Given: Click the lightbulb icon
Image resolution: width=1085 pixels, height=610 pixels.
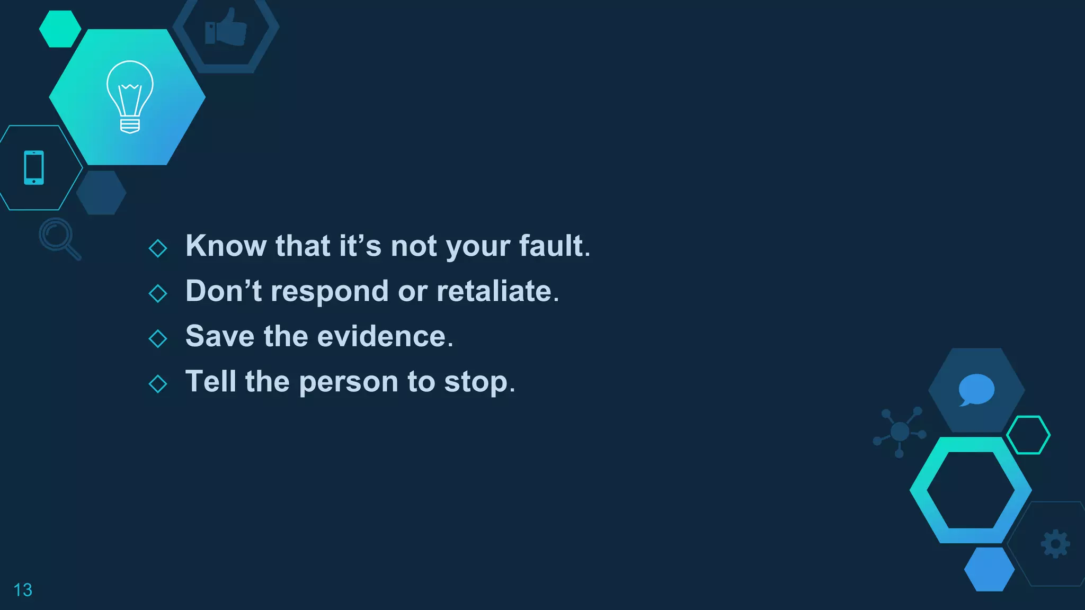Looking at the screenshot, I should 130,96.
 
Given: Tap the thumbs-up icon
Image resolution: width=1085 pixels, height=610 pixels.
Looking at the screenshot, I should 226,28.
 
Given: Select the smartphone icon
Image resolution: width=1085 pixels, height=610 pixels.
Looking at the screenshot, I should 34,168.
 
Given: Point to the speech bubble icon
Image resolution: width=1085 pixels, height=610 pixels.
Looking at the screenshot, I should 976,390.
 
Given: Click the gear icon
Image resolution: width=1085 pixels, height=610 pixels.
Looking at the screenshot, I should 1055,544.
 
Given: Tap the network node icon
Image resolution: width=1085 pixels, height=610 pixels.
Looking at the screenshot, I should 900,432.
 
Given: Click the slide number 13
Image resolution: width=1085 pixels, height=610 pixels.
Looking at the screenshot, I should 23,590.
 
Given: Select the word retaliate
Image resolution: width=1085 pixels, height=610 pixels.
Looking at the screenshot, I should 494,291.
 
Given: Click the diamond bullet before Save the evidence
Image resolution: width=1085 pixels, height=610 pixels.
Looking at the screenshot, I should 158,338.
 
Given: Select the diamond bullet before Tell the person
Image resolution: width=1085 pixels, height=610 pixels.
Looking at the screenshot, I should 158,383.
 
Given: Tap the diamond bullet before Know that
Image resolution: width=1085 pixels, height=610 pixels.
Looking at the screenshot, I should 158,248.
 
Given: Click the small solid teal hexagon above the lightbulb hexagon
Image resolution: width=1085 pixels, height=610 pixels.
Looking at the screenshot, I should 60,29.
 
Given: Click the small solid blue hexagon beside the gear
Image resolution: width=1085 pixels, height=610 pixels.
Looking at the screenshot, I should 989,569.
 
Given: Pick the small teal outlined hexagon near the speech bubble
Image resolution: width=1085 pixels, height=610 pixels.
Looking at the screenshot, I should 1028,435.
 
